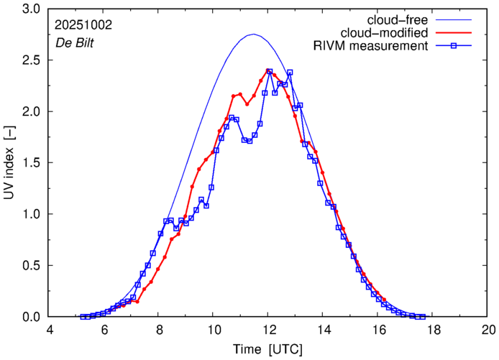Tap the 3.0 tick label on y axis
tap(32, 9)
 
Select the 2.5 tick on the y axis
tap(32, 60)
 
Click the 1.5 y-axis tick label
tap(32, 163)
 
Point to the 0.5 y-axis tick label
tap(32, 266)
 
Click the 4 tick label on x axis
tap(49, 331)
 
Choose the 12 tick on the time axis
tap(268, 331)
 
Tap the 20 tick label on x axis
tap(488, 331)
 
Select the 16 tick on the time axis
tap(378, 331)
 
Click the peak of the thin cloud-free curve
tap(253, 34)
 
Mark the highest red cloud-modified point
tap(268, 70)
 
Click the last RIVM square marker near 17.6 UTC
tap(422, 317)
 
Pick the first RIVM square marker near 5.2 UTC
tap(83, 317)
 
